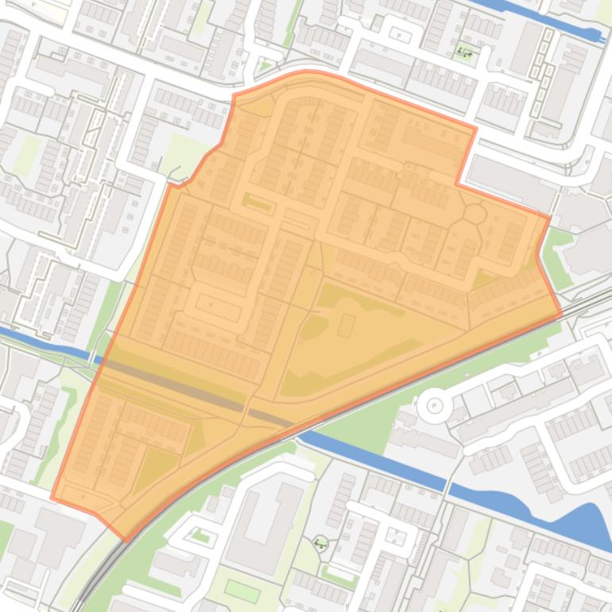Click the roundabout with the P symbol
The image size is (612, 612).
point(435,406)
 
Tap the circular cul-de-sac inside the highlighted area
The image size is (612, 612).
point(474,214)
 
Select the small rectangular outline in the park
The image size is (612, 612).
point(347,325)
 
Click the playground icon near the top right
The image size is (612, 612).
point(465,53)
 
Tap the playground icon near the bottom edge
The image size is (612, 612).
point(320,544)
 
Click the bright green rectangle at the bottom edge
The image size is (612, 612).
point(242,591)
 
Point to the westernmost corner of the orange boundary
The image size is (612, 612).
point(52,498)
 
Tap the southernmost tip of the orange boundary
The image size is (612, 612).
point(127,541)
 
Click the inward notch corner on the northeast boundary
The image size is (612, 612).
point(457,184)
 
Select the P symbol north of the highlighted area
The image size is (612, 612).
point(400,36)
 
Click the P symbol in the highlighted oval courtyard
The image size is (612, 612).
point(211,304)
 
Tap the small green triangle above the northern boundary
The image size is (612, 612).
point(265,66)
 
